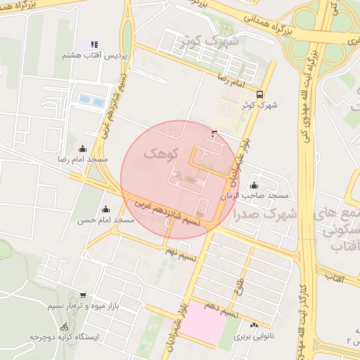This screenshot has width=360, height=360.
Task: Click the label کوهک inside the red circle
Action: (x=161, y=153)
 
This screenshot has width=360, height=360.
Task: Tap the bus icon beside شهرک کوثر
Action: (x=260, y=94)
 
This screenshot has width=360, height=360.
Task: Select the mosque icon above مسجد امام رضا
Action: (x=83, y=148)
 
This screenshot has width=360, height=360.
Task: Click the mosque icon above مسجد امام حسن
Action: (x=105, y=209)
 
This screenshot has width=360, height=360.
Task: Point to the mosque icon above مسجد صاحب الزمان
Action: (x=254, y=185)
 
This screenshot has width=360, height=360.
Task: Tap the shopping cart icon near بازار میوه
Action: (x=84, y=295)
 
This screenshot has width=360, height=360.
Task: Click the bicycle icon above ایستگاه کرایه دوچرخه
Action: (x=65, y=326)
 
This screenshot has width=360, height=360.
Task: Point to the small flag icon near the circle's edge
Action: (x=214, y=132)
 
